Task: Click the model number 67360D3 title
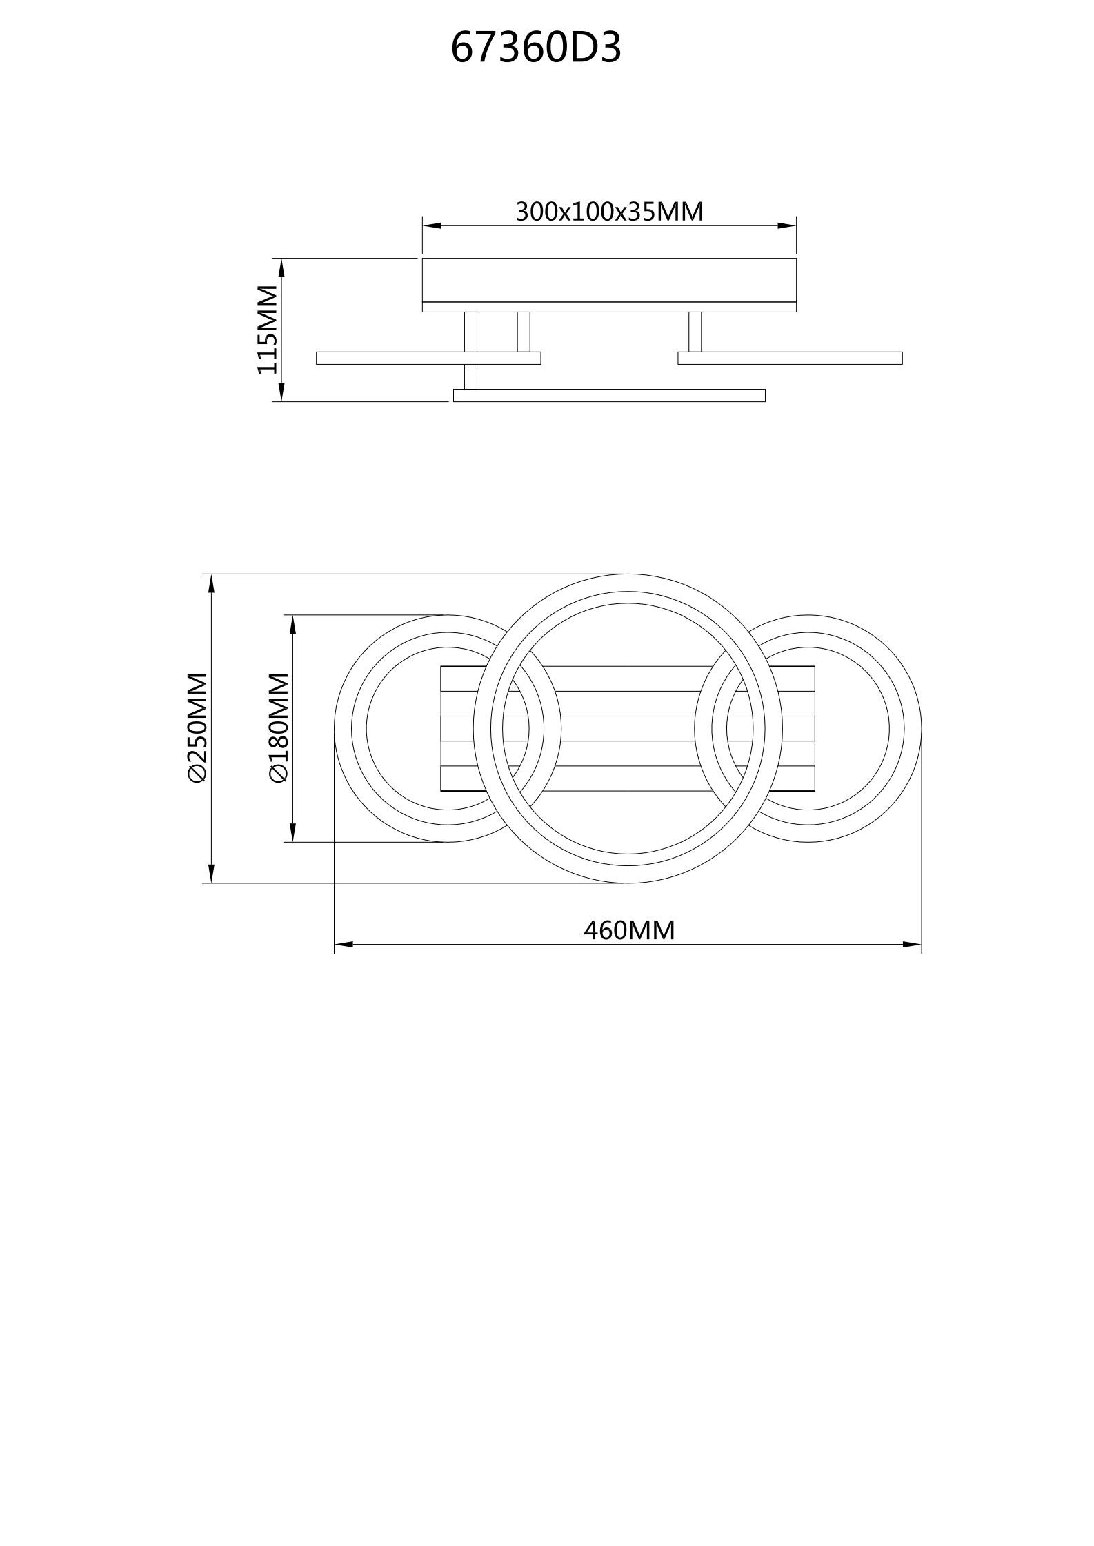(x=536, y=48)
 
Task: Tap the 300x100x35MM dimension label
(x=609, y=211)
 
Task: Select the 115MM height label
(x=268, y=330)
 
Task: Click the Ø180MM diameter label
(x=279, y=727)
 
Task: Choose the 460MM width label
(x=629, y=930)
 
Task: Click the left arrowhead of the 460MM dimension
(x=344, y=944)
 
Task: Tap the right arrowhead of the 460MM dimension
(x=912, y=944)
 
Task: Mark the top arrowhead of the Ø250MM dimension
(x=212, y=583)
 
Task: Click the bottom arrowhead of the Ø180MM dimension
(x=293, y=832)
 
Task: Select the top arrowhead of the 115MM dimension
(x=281, y=268)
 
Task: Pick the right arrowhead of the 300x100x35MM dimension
(x=787, y=225)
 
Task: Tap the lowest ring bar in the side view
(x=609, y=395)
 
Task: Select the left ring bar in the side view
(x=428, y=358)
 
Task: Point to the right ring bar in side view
(x=790, y=358)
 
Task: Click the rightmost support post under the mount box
(x=695, y=332)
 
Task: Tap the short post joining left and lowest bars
(x=470, y=377)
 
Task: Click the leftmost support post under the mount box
(x=470, y=332)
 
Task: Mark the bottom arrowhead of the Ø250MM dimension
(x=212, y=874)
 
